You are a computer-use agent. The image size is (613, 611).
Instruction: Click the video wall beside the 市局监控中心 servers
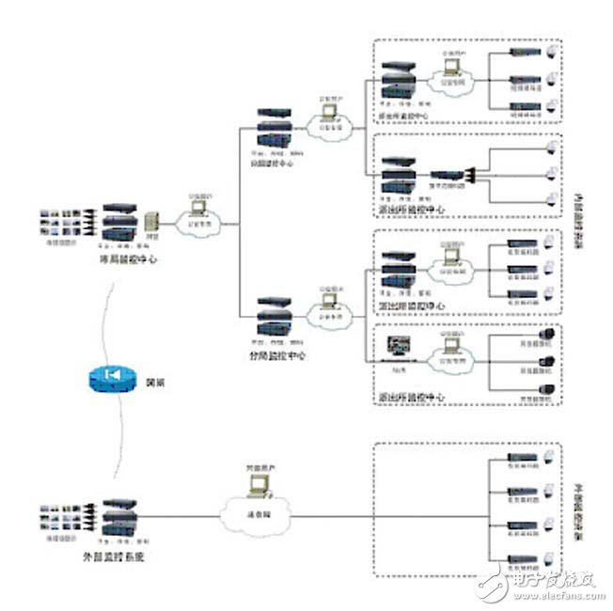pos(64,222)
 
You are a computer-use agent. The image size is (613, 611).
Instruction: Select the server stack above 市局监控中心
pos(122,223)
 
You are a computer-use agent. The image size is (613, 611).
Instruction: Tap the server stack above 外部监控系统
pos(122,520)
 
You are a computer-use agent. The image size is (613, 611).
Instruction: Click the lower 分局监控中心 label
pos(272,356)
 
